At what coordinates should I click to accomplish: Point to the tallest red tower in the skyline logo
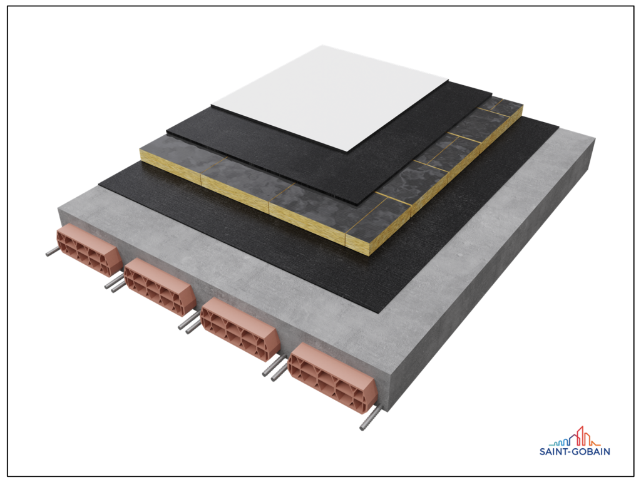580,436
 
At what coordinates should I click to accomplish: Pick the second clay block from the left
160,287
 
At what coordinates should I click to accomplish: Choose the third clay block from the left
240,329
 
